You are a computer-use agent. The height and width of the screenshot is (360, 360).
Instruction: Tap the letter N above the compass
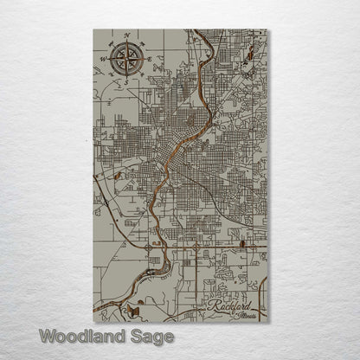coord(126,36)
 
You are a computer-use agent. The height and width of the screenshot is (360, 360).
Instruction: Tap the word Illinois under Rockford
coord(246,314)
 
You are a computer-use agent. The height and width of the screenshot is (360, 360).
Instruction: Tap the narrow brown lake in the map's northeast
coord(249,55)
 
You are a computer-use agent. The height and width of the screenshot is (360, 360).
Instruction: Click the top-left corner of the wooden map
coord(93,30)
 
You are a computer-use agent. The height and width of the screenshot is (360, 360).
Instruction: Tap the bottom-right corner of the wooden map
coord(267,322)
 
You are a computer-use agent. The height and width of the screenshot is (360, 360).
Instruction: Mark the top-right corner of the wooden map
coord(267,30)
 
